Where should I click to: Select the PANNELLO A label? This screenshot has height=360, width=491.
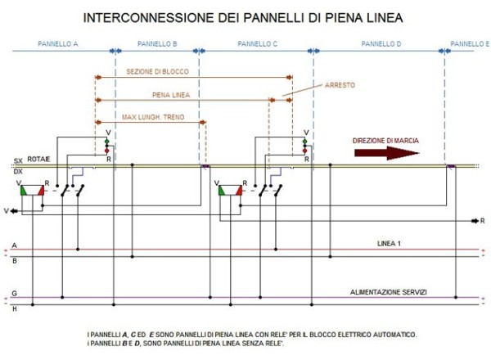tap(57, 43)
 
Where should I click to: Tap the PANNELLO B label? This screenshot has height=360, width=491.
tap(158, 43)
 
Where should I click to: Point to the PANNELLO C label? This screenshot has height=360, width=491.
tap(258, 43)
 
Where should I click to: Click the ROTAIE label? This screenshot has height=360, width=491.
tap(38, 160)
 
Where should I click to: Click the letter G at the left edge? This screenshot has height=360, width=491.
tap(13, 292)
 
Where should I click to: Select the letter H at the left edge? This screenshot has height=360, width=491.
tap(13, 308)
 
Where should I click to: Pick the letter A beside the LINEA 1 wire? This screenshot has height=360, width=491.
tap(13, 245)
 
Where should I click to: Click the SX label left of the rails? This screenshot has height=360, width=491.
tap(18, 161)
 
